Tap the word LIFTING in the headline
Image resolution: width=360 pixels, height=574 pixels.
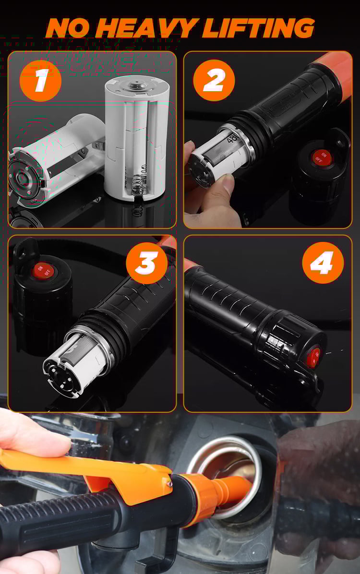pyautogui.click(x=258, y=28)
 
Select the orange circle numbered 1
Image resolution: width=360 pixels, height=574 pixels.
pyautogui.click(x=40, y=81)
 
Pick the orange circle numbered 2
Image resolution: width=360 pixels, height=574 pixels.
pyautogui.click(x=214, y=81)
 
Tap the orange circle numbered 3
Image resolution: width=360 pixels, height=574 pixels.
pyautogui.click(x=146, y=263)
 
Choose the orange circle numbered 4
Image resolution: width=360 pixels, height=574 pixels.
pyautogui.click(x=323, y=263)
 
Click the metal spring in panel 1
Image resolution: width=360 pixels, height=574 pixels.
pyautogui.click(x=138, y=181)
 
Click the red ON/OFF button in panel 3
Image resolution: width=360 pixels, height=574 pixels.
pyautogui.click(x=43, y=271)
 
